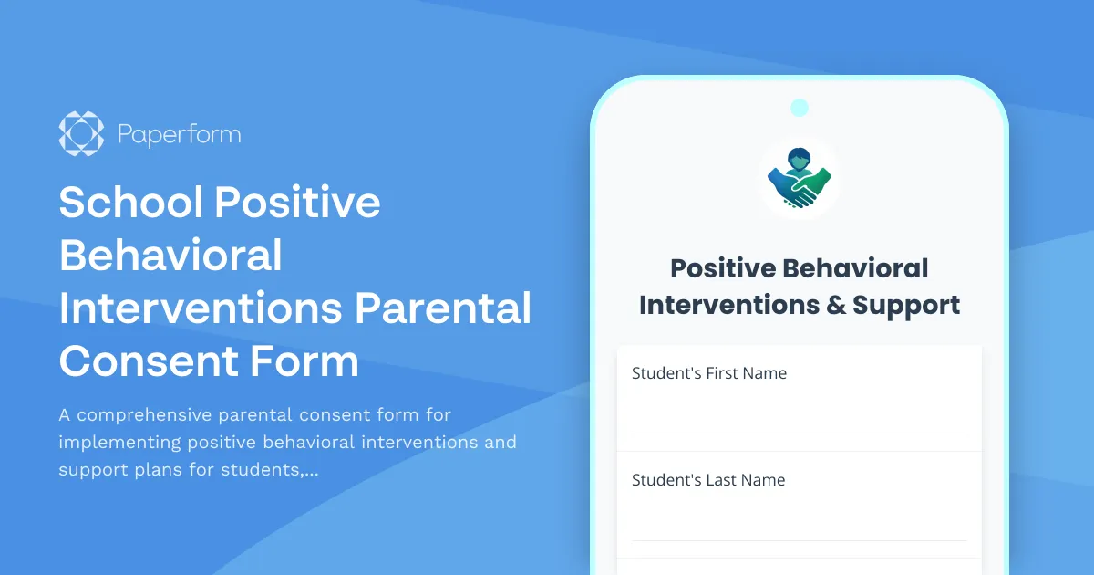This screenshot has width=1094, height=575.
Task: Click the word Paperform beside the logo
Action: click(x=180, y=135)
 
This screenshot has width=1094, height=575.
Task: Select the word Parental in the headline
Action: click(x=443, y=308)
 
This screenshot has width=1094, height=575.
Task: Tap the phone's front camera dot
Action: click(x=800, y=108)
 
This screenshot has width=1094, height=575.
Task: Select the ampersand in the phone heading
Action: click(x=835, y=305)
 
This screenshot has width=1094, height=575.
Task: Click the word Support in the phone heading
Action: click(x=906, y=305)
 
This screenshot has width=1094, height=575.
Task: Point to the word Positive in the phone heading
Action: click(x=722, y=268)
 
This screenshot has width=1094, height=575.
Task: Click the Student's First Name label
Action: click(x=709, y=373)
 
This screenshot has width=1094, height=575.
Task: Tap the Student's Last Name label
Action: click(x=708, y=480)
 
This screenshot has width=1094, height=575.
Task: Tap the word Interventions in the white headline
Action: click(x=201, y=308)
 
